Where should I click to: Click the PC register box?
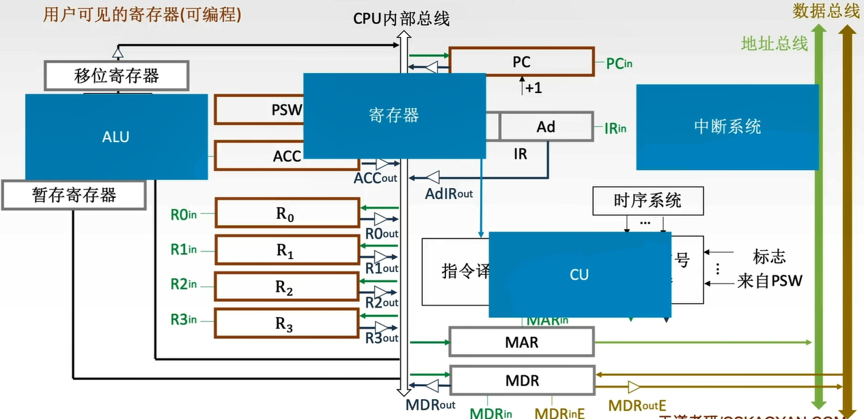[521, 62]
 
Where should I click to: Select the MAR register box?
[521, 342]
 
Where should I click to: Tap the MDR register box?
[521, 380]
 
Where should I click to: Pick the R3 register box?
[287, 324]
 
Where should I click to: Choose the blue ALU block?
[116, 137]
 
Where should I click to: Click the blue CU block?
[579, 275]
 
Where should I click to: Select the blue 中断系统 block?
[727, 127]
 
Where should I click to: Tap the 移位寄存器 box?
[116, 75]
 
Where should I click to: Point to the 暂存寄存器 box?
[74, 195]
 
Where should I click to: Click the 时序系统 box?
[647, 200]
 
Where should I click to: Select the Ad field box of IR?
[546, 126]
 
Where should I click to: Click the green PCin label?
[619, 64]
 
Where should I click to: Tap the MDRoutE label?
[637, 407]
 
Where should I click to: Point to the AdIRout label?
[449, 193]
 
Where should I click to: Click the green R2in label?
[184, 284]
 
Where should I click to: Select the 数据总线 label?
[825, 11]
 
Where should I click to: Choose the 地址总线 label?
[775, 44]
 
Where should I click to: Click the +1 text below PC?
[533, 88]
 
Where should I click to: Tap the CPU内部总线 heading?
[401, 18]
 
